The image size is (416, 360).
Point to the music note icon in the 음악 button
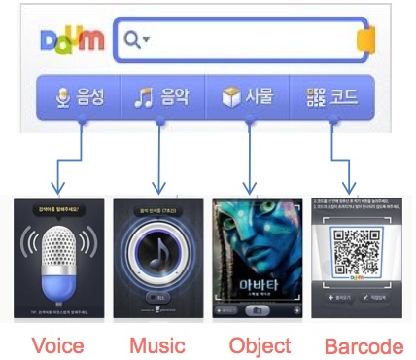tap(144, 97)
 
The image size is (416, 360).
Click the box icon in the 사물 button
tap(231, 97)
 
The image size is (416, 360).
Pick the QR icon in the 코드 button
tap(314, 97)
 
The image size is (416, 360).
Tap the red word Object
tap(260, 346)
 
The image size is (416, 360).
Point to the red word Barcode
tap(364, 346)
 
